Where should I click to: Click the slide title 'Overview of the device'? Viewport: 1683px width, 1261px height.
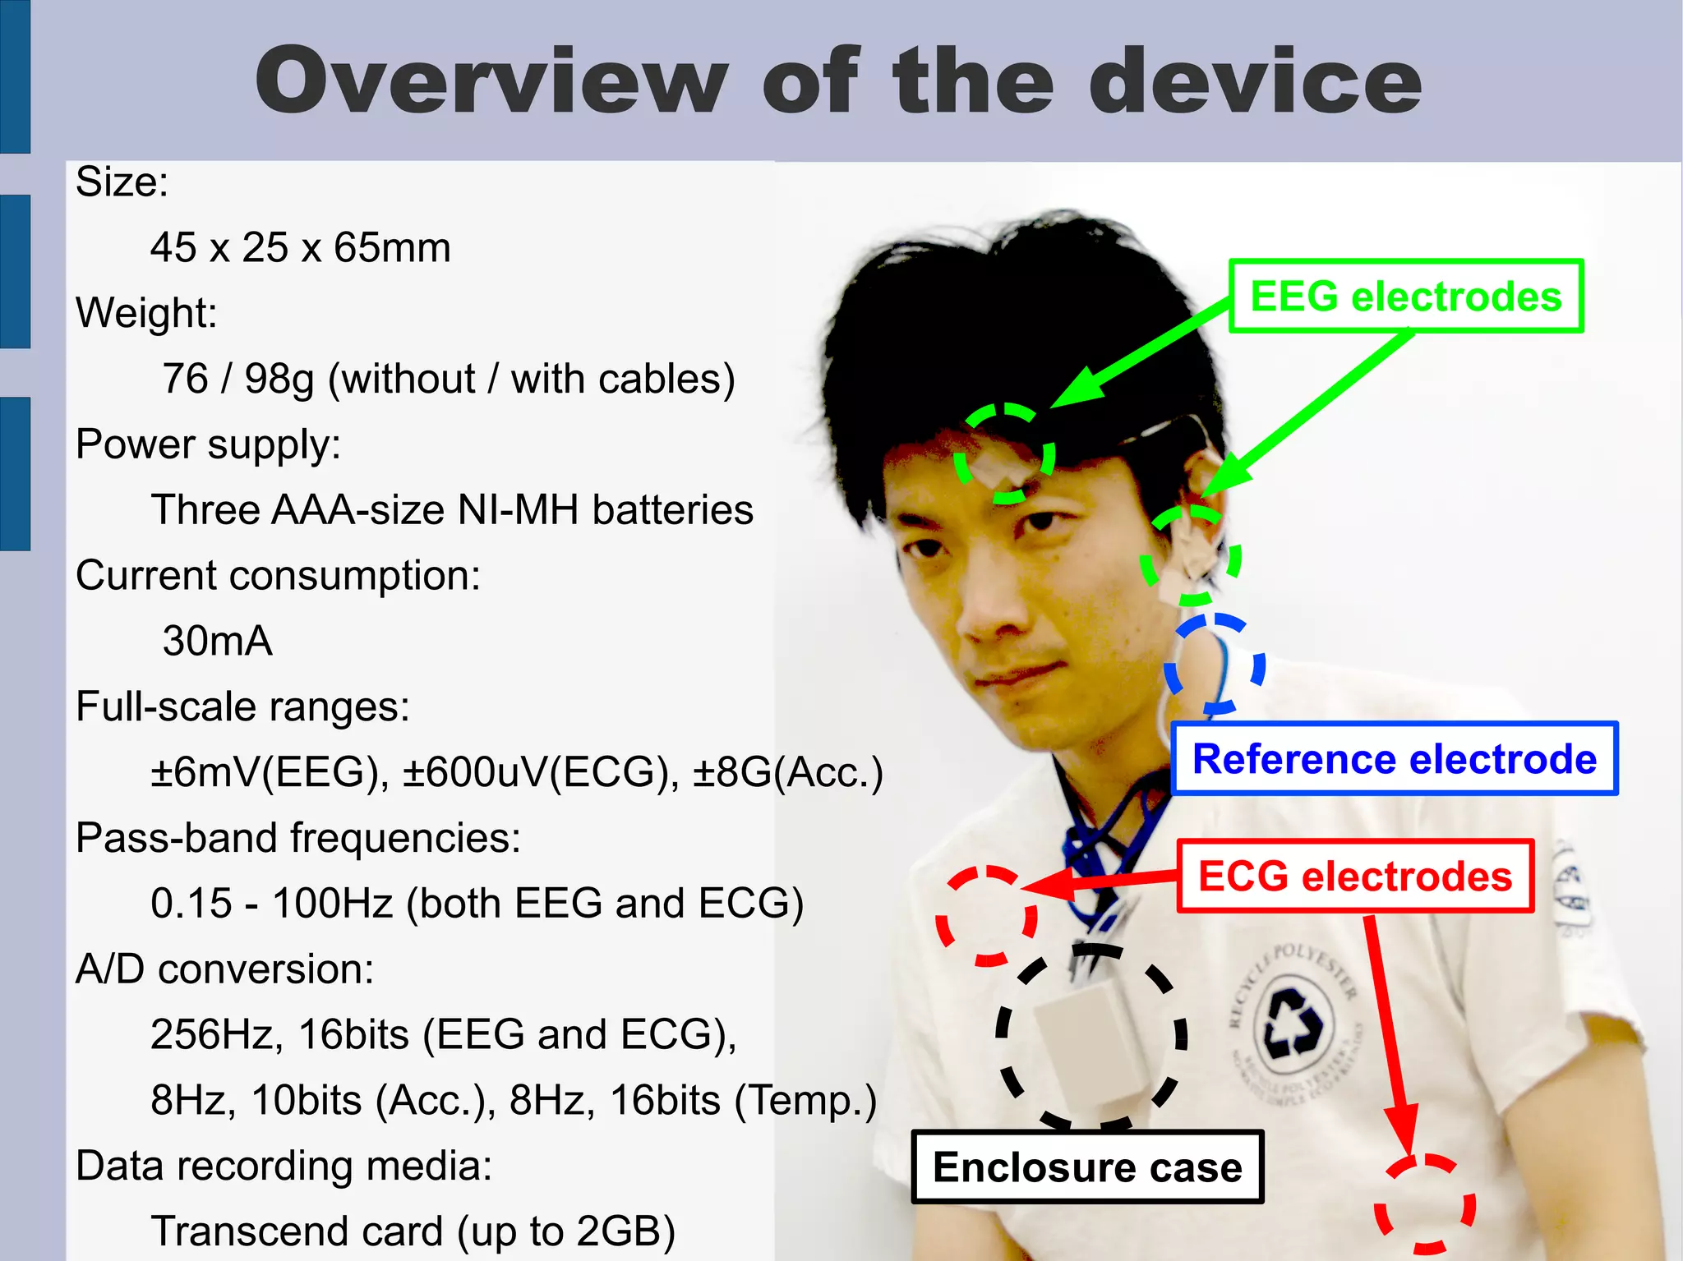click(838, 81)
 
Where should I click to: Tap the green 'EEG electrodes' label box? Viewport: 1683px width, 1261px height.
click(1405, 297)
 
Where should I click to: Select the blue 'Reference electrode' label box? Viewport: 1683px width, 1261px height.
click(1394, 758)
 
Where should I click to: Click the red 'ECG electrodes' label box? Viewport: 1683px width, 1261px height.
click(1354, 876)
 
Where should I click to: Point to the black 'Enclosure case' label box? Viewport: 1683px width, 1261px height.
click(1086, 1167)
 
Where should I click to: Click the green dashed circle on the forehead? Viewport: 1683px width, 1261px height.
click(1004, 453)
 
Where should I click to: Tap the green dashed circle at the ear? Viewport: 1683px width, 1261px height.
click(1190, 555)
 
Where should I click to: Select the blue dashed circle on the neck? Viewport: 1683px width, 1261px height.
click(1215, 664)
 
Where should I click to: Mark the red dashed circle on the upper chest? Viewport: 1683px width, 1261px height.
click(986, 915)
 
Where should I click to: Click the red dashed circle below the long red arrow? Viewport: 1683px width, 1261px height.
click(1426, 1203)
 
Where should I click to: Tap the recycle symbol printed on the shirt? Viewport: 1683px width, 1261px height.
click(1292, 1023)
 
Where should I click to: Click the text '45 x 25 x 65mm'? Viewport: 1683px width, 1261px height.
click(301, 247)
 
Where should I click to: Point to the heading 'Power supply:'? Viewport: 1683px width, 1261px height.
click(208, 444)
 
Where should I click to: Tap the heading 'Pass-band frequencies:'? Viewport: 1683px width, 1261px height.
click(298, 838)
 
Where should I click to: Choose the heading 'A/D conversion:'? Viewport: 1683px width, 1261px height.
click(224, 969)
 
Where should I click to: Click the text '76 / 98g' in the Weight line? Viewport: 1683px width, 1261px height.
click(238, 379)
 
